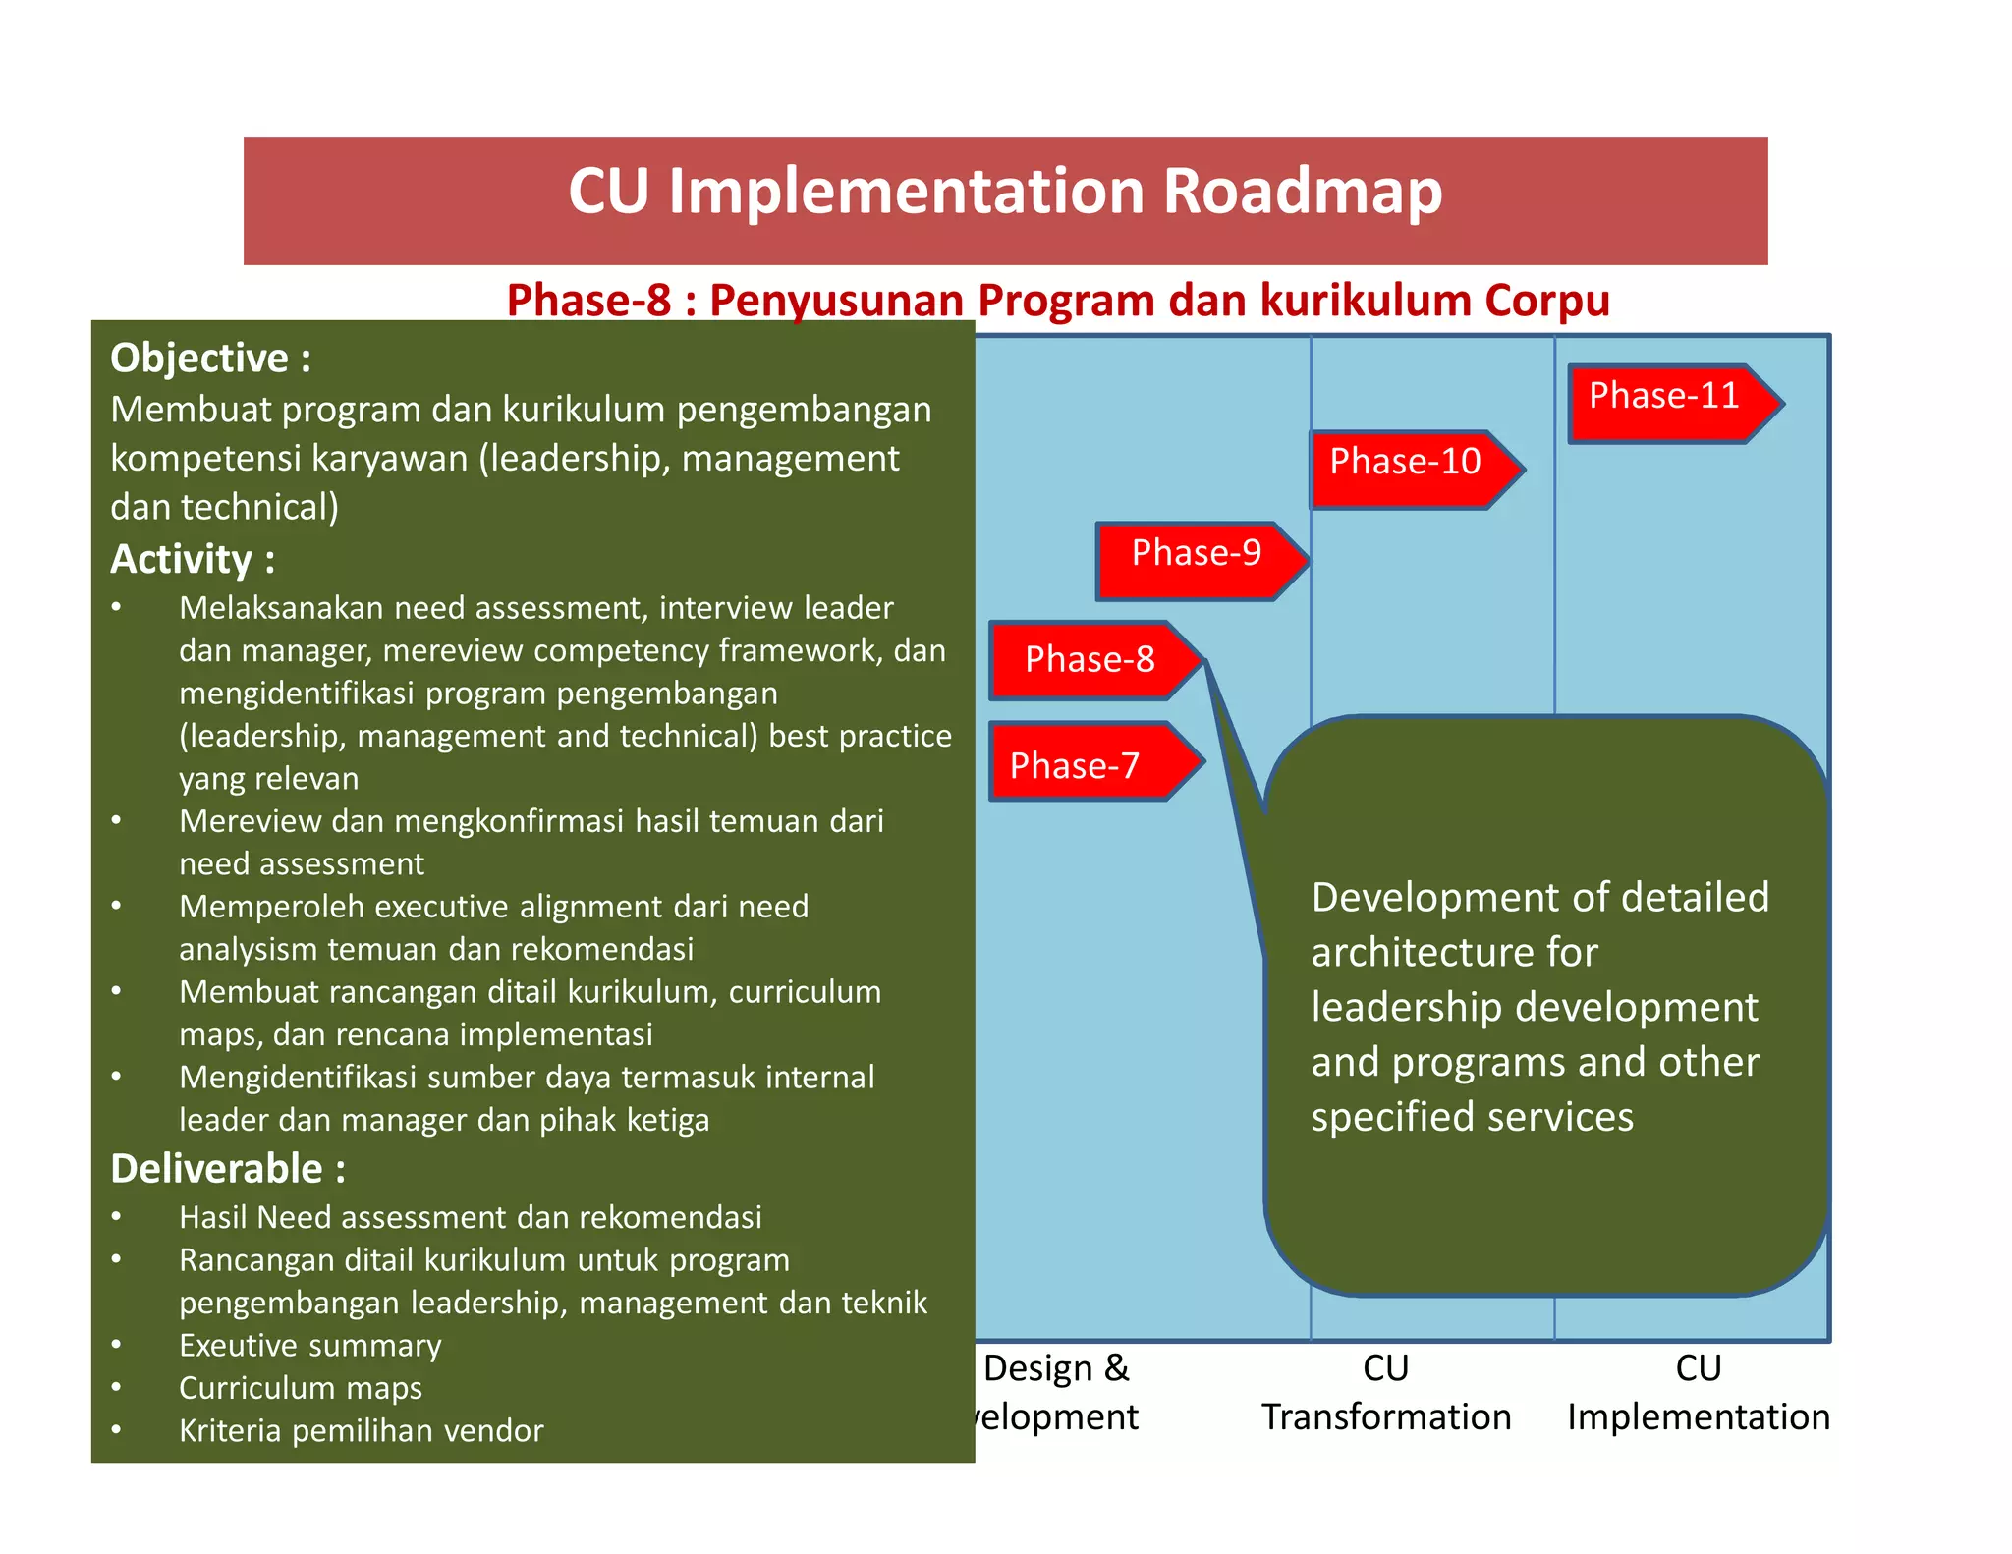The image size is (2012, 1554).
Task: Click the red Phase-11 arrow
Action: tap(1670, 403)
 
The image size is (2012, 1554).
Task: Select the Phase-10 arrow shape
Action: tap(1411, 469)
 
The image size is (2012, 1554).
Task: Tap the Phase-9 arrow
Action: tap(1199, 560)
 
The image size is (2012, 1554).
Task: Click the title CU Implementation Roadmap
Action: tap(1005, 192)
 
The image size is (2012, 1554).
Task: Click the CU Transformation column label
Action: tap(1385, 1393)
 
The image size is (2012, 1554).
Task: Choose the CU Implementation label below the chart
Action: tap(1698, 1393)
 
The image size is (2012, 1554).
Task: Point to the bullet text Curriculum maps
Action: tap(301, 1388)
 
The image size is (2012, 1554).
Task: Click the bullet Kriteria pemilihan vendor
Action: tap(361, 1430)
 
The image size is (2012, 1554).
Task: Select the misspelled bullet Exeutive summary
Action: tap(310, 1345)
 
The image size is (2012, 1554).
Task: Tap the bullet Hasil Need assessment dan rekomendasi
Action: tap(471, 1217)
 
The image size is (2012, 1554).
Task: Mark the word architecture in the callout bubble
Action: tap(1454, 952)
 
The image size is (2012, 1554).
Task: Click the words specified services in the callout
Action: tap(1472, 1117)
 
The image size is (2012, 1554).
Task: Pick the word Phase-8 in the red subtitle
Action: tap(588, 301)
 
